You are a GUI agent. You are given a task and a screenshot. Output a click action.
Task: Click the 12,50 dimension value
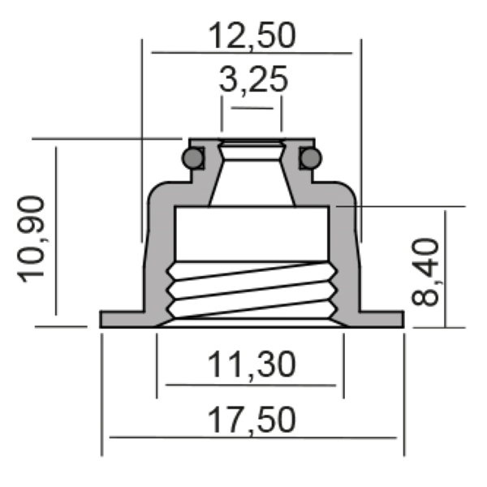[252, 35]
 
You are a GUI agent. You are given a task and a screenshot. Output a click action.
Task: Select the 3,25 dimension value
[252, 81]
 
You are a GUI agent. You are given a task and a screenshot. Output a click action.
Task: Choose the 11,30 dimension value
[251, 365]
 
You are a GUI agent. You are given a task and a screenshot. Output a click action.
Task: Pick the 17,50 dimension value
[251, 420]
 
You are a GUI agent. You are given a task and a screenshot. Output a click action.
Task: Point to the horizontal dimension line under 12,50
[252, 53]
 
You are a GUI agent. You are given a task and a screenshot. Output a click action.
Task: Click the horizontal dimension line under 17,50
[252, 437]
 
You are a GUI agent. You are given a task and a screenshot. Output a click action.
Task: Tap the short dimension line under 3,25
[252, 107]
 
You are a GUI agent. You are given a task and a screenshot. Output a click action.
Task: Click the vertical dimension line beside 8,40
[446, 268]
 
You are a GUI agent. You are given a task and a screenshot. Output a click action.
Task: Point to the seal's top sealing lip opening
[252, 146]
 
